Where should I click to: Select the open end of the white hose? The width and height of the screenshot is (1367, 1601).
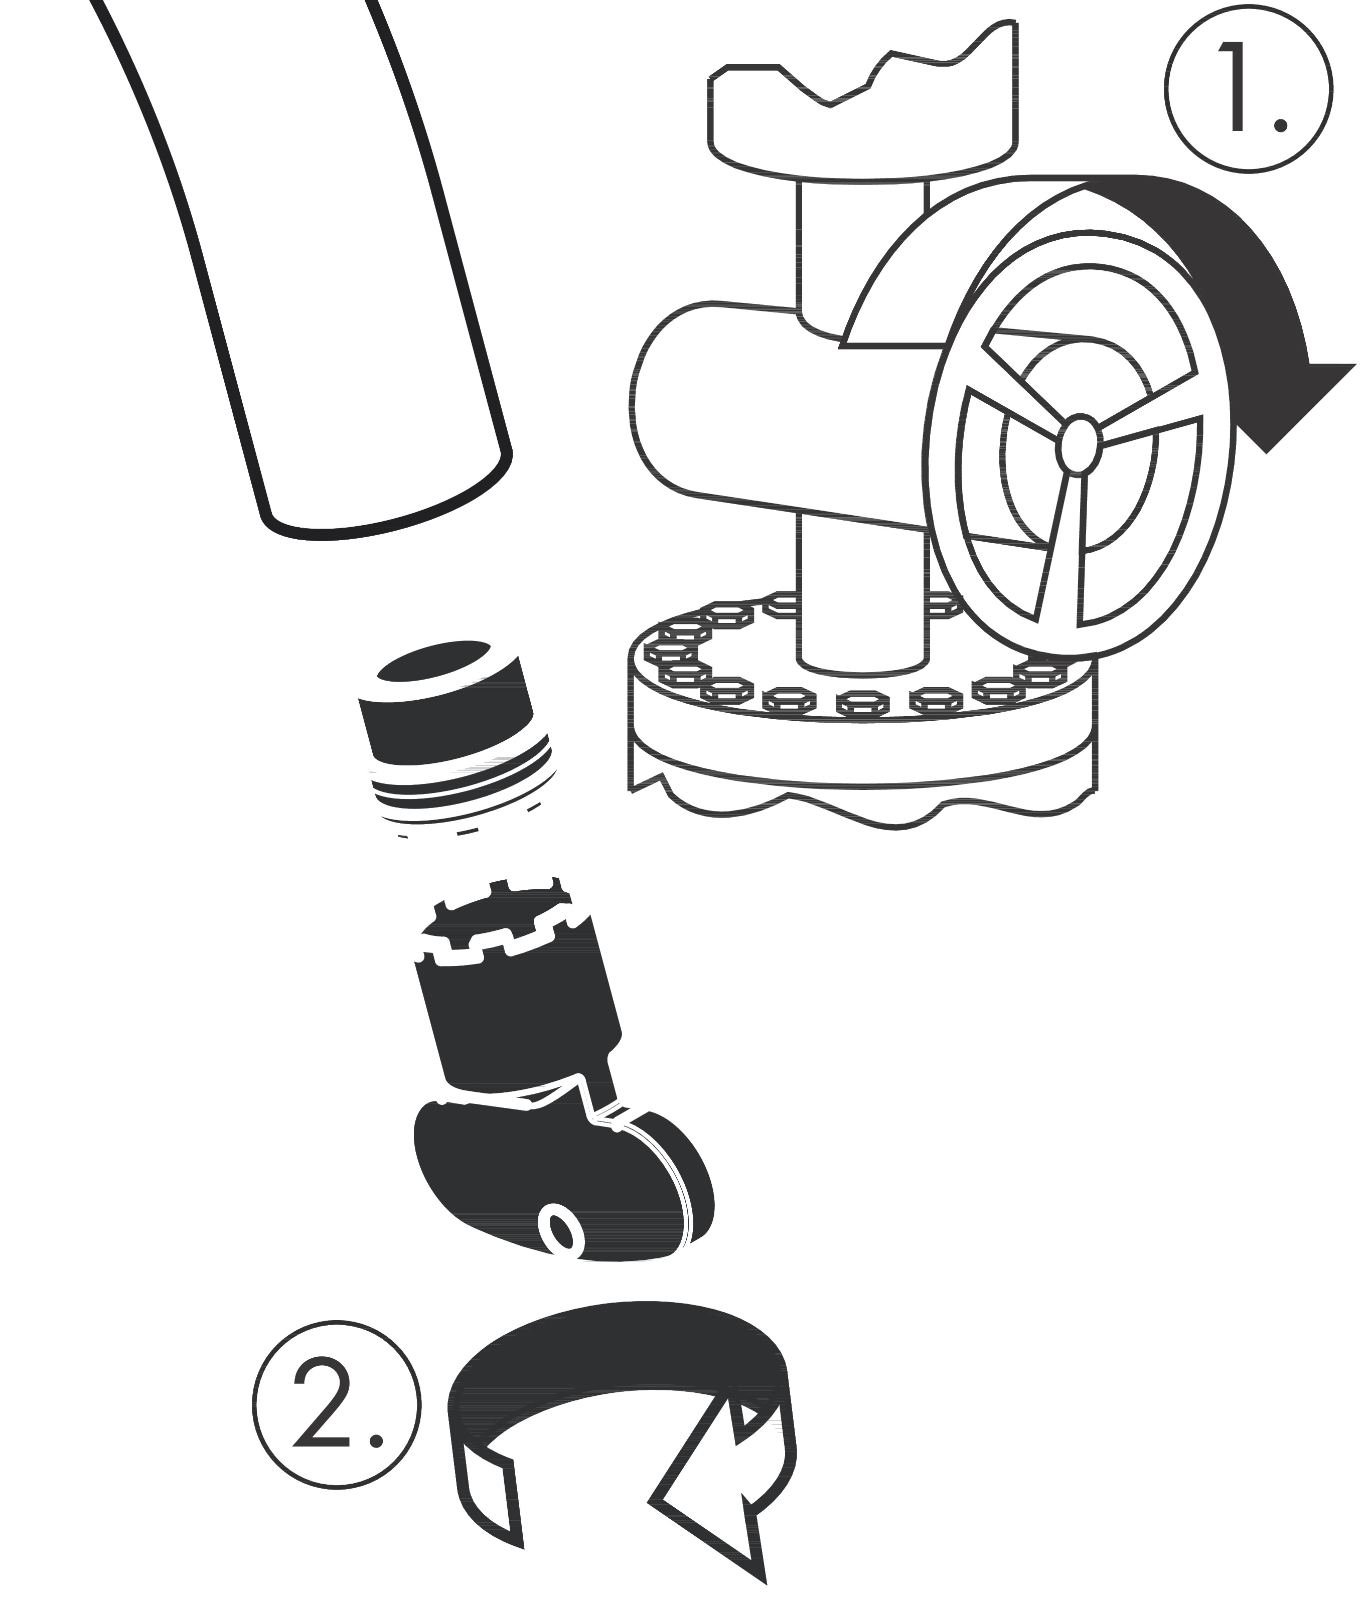386,495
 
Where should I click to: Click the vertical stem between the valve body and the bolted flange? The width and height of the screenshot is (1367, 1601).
863,587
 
